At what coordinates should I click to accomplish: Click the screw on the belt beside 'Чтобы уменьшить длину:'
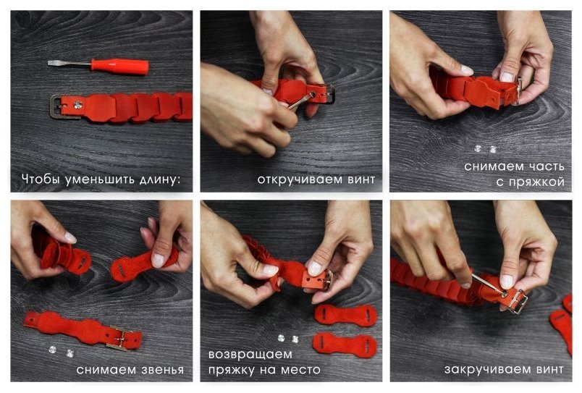click(77, 106)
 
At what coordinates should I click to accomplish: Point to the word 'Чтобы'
click(41, 179)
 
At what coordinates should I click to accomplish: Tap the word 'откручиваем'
click(300, 180)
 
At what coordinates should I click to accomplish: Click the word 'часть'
click(545, 166)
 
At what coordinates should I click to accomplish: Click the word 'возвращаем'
click(250, 355)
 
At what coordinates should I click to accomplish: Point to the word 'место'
click(300, 370)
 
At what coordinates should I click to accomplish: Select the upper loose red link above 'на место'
click(346, 315)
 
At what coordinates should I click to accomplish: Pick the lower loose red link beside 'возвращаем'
click(345, 345)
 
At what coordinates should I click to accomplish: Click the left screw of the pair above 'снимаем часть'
click(477, 149)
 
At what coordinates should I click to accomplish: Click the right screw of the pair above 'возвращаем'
click(295, 339)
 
